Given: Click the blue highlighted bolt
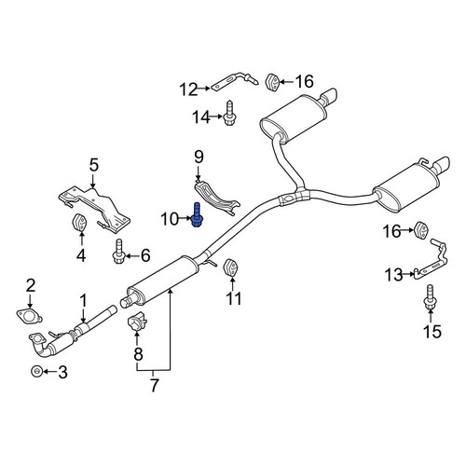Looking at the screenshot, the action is tap(197, 214).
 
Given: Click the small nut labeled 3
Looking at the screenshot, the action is tap(36, 371).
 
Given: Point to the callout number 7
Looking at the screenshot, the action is tap(154, 385).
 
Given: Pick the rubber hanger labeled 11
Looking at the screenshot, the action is tap(231, 267).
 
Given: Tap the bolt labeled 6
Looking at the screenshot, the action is tap(118, 252).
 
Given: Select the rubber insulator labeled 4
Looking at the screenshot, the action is tap(79, 223).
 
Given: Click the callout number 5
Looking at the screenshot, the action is tap(93, 165).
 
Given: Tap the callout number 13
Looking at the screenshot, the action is tap(394, 275).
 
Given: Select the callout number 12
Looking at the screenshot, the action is tap(188, 89).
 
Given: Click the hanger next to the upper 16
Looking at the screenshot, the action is tap(272, 82).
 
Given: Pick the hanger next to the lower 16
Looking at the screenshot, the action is tap(421, 229).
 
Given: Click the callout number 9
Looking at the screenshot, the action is tap(199, 157).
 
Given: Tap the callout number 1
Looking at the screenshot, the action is tap(83, 301).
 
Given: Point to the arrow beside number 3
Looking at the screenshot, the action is tap(49, 371).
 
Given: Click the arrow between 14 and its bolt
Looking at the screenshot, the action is tap(217, 117).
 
